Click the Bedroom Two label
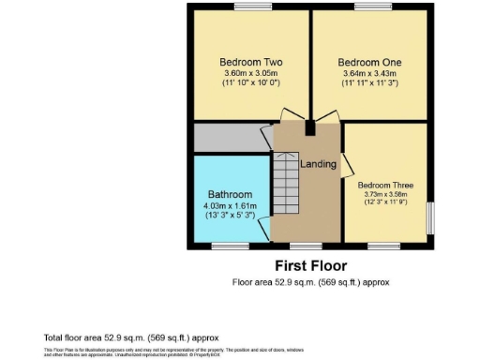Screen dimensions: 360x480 click(x=251, y=62)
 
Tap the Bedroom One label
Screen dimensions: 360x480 click(x=371, y=62)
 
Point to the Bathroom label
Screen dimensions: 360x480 click(x=230, y=195)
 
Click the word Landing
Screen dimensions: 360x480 click(x=318, y=164)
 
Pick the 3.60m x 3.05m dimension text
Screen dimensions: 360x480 click(x=251, y=73)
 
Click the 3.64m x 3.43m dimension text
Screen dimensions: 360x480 click(x=371, y=73)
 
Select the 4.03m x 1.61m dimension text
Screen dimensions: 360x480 click(x=230, y=205)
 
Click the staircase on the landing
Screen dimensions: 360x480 click(x=286, y=183)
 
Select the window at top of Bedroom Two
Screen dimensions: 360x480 click(x=250, y=7)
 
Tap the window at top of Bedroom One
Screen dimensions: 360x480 click(x=373, y=7)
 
